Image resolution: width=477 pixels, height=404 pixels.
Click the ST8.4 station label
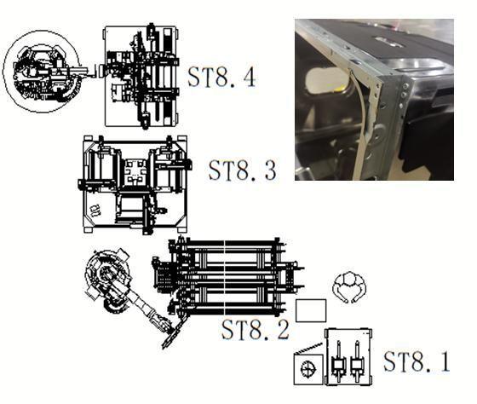coord(221,77)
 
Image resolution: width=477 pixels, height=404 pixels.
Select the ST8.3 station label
coord(243,170)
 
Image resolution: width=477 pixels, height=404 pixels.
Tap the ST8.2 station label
coord(255,329)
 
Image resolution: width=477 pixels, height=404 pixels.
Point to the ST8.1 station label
coord(417,361)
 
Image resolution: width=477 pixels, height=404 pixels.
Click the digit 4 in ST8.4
coord(248,77)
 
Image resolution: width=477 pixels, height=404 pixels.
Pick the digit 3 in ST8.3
coord(269,170)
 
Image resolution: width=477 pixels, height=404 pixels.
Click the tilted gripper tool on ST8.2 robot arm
coord(171,337)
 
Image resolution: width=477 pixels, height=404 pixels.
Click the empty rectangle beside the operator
coord(311,310)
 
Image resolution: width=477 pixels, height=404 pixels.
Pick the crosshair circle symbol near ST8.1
coord(307,370)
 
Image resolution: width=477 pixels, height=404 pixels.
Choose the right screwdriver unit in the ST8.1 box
coord(357,362)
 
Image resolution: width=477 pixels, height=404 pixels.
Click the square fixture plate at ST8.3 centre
coord(135,172)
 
